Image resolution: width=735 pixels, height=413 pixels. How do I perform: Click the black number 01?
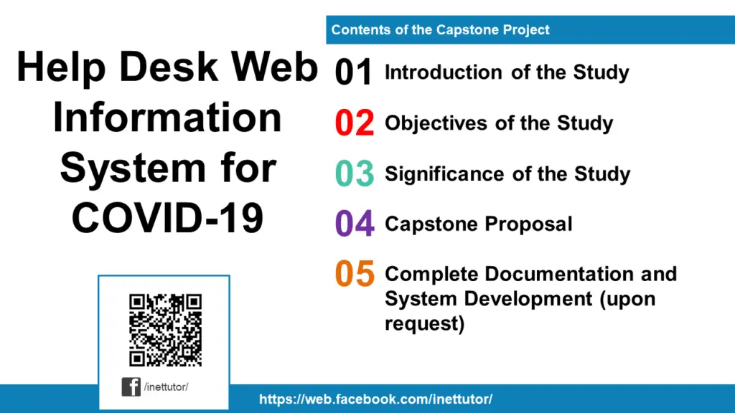click(354, 73)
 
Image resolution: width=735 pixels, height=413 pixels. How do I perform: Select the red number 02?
click(354, 123)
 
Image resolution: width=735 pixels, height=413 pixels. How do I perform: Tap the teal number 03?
click(354, 174)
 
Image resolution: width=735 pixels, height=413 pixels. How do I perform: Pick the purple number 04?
click(354, 224)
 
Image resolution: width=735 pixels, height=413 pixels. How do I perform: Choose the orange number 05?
click(354, 275)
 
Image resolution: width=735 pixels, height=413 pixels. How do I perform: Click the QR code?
click(165, 330)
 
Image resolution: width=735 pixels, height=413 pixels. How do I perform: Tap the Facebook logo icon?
click(131, 387)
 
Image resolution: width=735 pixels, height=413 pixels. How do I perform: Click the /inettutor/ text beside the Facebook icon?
click(166, 387)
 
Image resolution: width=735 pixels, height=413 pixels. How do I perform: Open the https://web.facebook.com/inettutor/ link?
click(375, 399)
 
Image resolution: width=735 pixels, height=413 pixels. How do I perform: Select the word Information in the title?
click(167, 118)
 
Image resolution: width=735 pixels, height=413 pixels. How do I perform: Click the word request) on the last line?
click(424, 323)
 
